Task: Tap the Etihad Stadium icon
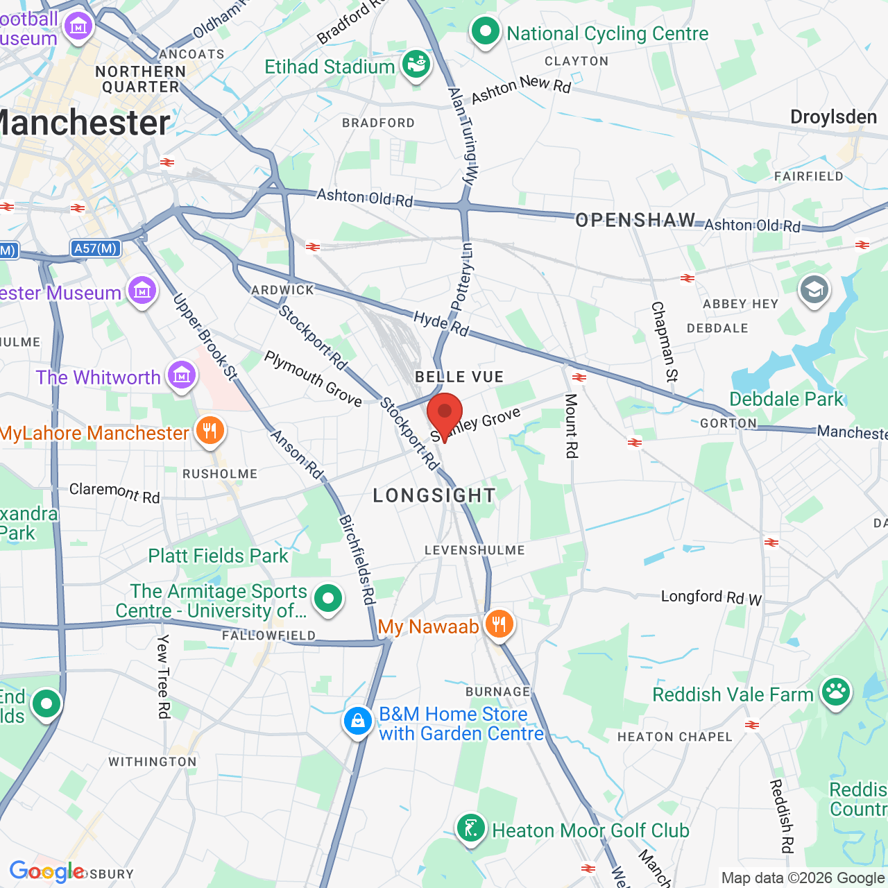(x=416, y=65)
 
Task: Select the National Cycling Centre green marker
(x=486, y=31)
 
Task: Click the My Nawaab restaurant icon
(x=499, y=624)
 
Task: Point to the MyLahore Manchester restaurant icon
(x=210, y=432)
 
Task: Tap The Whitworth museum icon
(x=181, y=376)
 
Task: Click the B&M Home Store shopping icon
(x=358, y=721)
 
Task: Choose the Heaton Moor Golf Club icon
(x=471, y=828)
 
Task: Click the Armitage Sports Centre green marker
(x=328, y=599)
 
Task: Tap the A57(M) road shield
(x=96, y=248)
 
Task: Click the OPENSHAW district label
(x=635, y=221)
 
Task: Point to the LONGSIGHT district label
(x=434, y=495)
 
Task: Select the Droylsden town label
(x=833, y=117)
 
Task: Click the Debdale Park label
(x=786, y=399)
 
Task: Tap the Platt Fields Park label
(x=218, y=556)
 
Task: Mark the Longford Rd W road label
(x=711, y=597)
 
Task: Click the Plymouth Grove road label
(x=313, y=379)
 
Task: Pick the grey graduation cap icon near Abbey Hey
(x=814, y=289)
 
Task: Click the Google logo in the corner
(x=46, y=871)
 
